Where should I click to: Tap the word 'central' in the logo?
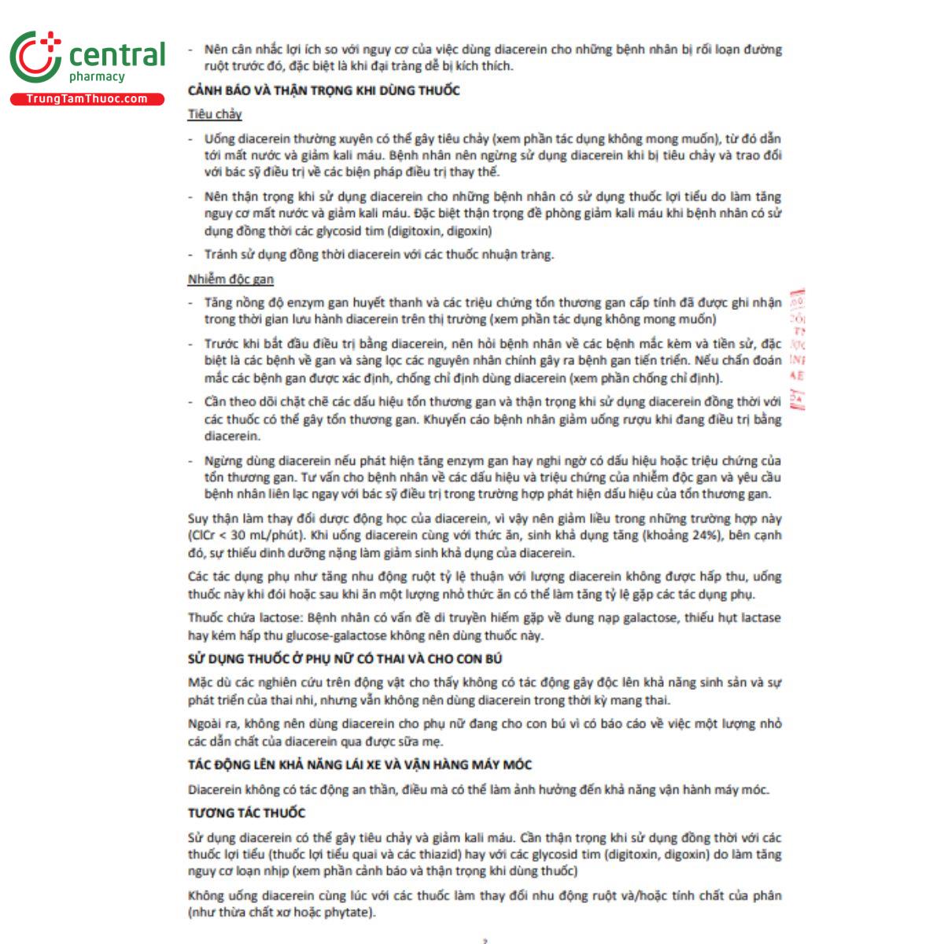(117, 54)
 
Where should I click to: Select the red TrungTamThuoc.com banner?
(87, 99)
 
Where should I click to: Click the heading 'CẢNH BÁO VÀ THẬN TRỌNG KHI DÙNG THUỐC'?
(323, 90)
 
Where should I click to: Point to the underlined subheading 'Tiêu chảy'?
(215, 115)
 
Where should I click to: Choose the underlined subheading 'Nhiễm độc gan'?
(230, 279)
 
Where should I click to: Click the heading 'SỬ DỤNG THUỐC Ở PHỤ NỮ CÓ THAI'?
(345, 658)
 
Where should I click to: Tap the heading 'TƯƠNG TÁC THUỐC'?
(246, 813)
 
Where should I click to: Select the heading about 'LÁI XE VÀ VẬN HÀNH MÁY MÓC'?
(360, 765)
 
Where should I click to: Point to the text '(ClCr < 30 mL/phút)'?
(245, 536)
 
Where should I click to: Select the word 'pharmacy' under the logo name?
(97, 77)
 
